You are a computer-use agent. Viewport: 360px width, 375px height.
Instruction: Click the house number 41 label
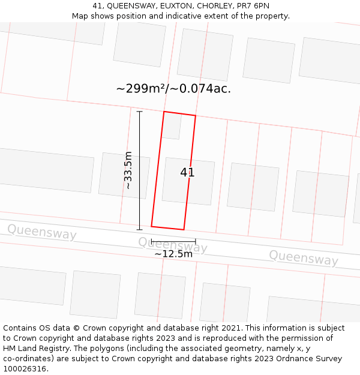(187, 172)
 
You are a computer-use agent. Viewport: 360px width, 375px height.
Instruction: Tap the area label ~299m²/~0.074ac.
(173, 89)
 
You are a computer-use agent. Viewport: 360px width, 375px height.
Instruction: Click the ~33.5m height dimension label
(128, 170)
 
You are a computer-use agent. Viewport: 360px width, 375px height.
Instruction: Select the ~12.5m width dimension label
(173, 254)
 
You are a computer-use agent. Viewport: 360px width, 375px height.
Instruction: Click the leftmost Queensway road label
(41, 232)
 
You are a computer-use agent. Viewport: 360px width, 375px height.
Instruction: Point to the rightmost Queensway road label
(303, 258)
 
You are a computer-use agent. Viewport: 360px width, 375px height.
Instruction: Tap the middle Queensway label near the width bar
(173, 244)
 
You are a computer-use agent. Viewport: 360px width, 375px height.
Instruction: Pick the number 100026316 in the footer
(25, 368)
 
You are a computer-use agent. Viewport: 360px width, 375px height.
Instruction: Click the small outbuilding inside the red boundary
(172, 125)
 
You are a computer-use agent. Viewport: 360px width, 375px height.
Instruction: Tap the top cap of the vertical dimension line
(139, 112)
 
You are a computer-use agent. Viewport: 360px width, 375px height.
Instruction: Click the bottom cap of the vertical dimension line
(139, 229)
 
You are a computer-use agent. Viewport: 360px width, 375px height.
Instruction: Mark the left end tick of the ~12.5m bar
(151, 241)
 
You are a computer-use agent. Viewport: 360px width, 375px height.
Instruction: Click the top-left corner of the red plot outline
(164, 112)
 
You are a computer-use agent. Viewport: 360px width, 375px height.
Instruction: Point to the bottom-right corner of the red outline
(184, 229)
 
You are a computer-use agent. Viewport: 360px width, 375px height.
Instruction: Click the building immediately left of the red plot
(124, 175)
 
